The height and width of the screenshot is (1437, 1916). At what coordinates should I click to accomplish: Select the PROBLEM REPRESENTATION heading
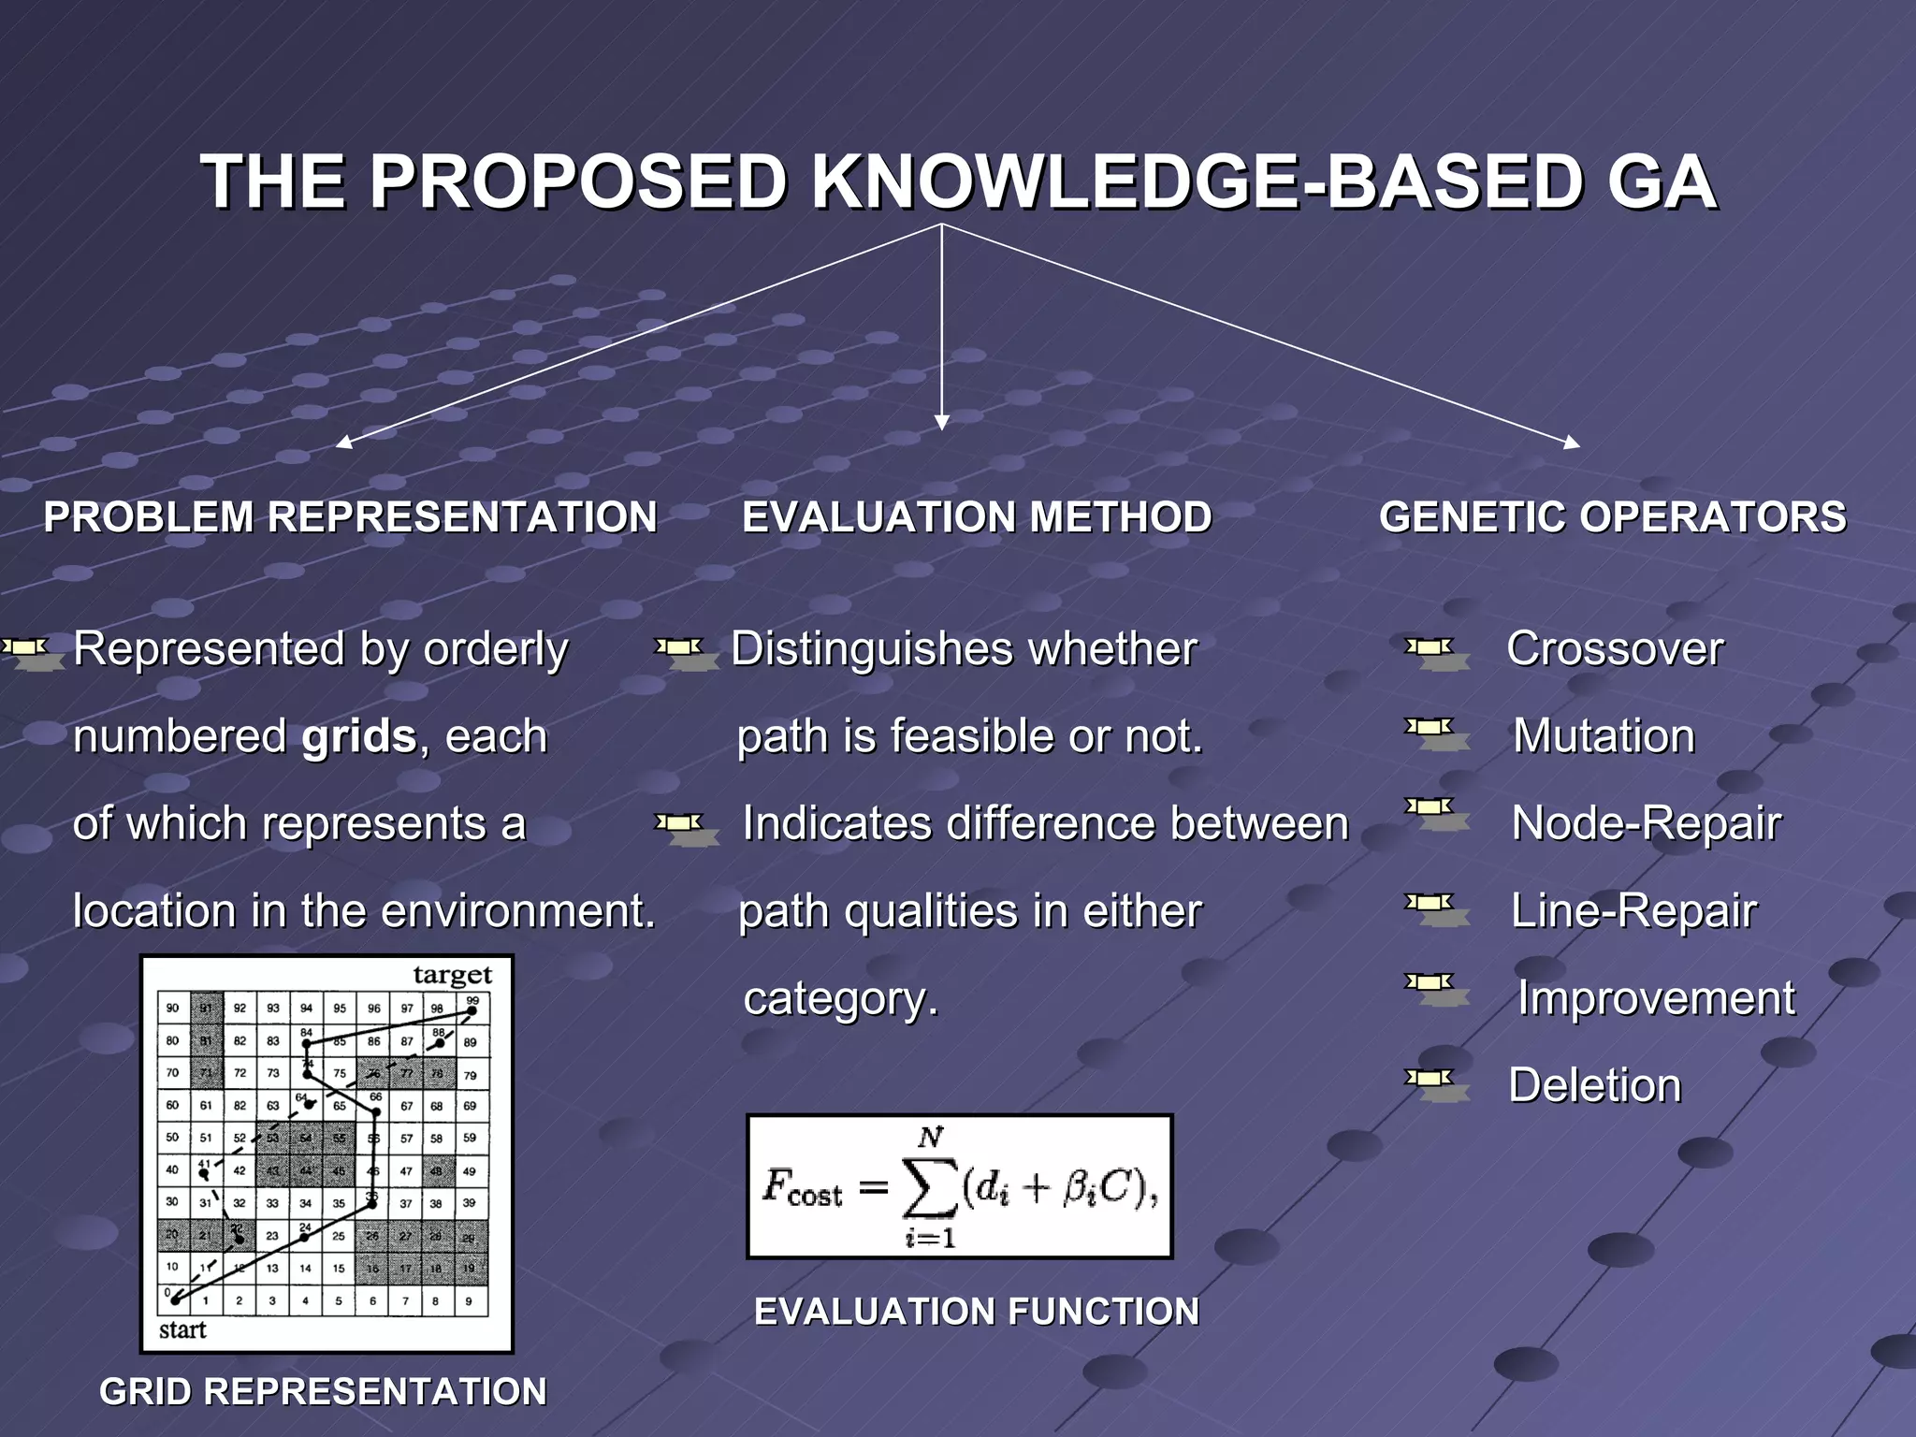pos(350,517)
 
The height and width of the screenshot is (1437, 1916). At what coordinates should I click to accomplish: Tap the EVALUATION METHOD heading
pos(976,517)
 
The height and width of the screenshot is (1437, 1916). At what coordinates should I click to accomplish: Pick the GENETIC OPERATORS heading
pos(1612,517)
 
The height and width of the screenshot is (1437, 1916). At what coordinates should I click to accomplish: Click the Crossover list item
pos(1615,648)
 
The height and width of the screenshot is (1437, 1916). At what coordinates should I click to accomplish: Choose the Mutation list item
pos(1604,736)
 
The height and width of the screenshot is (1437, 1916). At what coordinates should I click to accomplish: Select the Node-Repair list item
pos(1646,823)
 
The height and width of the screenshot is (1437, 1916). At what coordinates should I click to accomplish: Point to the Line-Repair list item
pos(1633,910)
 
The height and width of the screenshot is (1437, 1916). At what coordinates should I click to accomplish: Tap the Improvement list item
pos(1656,998)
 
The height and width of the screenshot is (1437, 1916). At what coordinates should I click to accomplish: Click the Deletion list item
pos(1594,1085)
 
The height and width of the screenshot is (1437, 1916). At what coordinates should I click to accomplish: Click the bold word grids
pos(358,736)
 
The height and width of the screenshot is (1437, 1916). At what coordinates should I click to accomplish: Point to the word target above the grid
pos(452,975)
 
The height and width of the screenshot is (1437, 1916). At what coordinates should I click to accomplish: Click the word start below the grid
pos(182,1329)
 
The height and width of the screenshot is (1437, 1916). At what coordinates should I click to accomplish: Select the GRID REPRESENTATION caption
pos(323,1391)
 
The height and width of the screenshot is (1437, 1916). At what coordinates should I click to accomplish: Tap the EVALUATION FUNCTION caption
pos(976,1312)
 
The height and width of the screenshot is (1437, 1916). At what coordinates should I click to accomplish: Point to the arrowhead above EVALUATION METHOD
pos(942,422)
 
